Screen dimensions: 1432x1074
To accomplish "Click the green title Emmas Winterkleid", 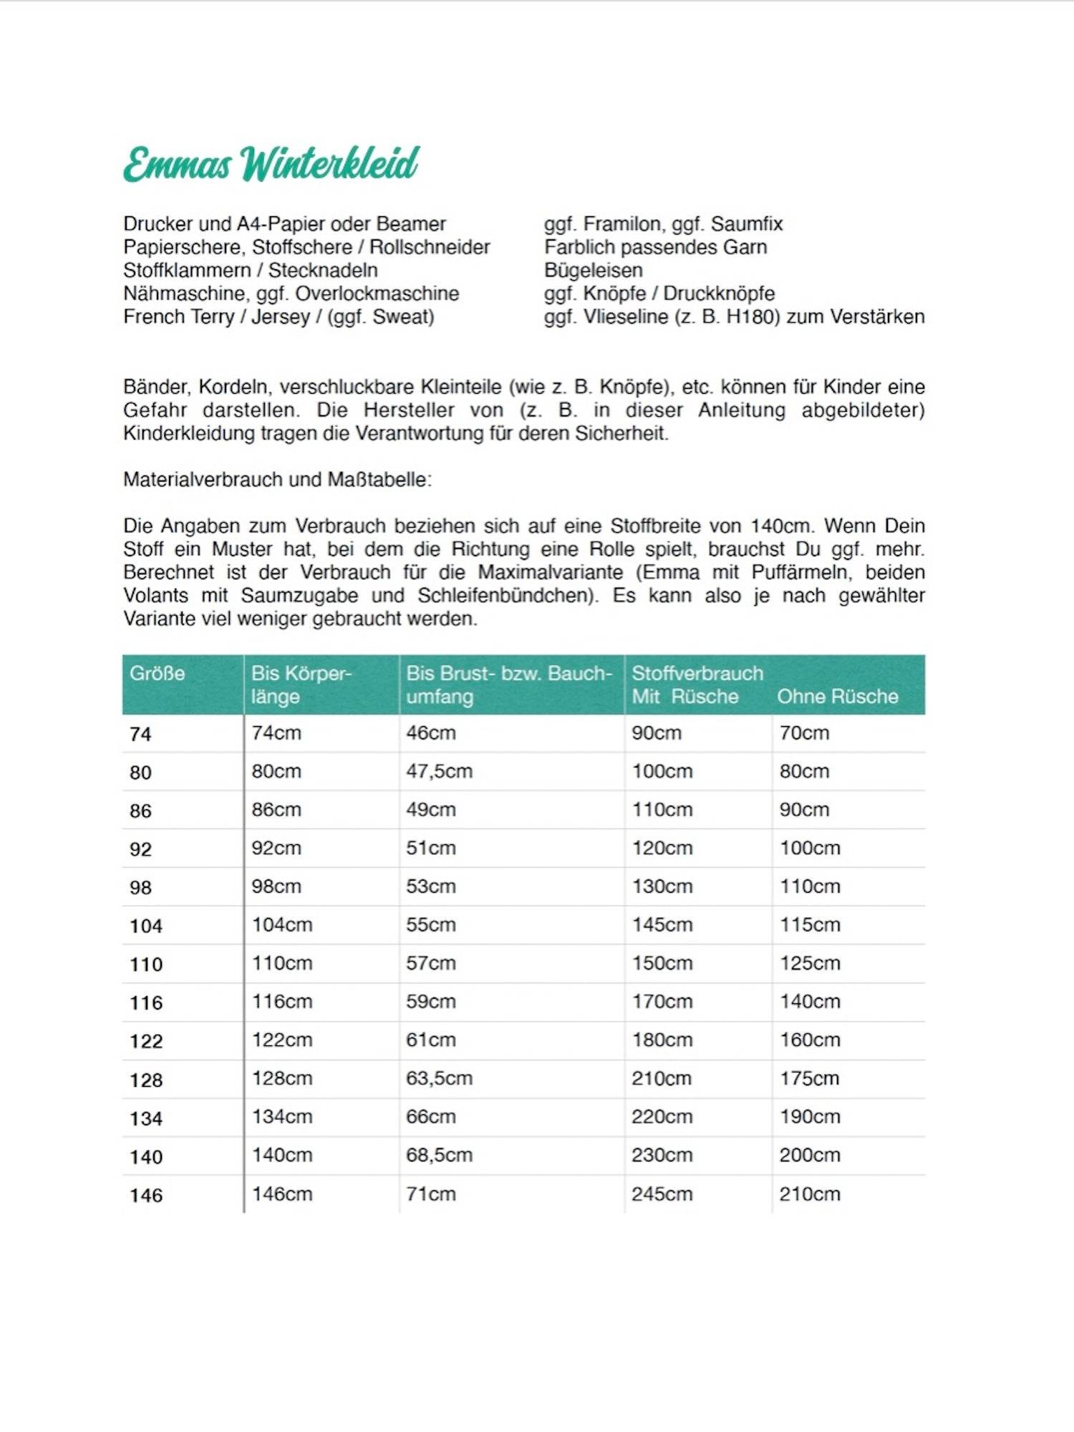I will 271,164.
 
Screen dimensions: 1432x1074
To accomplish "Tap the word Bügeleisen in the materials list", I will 594,270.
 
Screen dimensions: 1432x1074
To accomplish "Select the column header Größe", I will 157,673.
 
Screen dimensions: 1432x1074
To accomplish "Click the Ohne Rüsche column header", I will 837,696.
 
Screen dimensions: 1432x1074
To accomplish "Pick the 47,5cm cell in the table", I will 439,771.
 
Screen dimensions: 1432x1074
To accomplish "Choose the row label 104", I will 146,926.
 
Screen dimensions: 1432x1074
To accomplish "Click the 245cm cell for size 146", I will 662,1194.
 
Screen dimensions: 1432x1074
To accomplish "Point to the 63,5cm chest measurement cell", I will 439,1078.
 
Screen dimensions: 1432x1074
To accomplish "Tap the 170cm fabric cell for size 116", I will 662,1001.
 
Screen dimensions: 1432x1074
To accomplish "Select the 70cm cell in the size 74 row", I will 804,732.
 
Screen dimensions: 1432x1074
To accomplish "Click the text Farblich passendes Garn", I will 655,247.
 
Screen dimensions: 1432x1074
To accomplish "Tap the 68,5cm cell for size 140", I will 439,1155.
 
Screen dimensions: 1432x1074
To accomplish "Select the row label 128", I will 146,1080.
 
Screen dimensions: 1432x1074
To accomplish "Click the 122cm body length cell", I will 281,1040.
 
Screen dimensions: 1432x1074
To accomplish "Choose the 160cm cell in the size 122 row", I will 810,1040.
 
